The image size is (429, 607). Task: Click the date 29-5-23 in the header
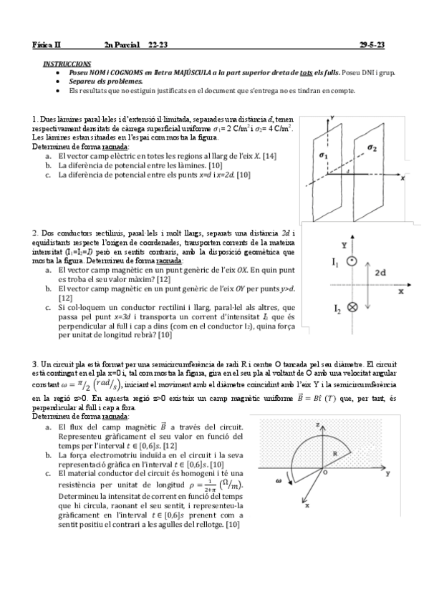(x=372, y=45)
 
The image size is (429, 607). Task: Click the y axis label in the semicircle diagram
(x=387, y=474)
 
